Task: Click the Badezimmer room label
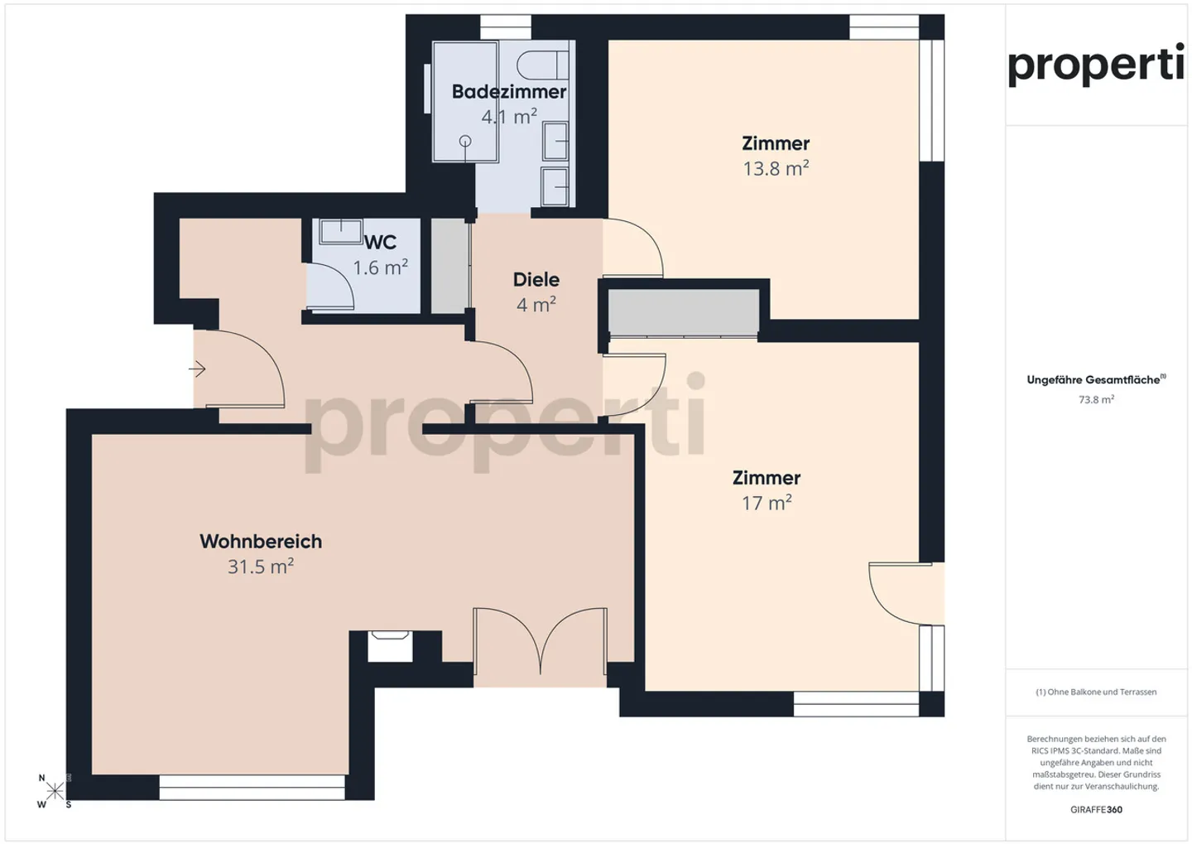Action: [x=508, y=91]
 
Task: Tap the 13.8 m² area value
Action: [x=775, y=169]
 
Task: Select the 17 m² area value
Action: [x=766, y=503]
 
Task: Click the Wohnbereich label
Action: [x=261, y=541]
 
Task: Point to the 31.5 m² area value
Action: [x=261, y=567]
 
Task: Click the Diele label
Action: [x=536, y=279]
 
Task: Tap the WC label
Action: [x=380, y=242]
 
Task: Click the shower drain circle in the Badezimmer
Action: [x=465, y=141]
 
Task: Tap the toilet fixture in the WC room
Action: [x=340, y=231]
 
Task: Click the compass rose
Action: [x=55, y=791]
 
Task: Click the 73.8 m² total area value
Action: [x=1095, y=400]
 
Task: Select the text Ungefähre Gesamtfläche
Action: [x=1093, y=380]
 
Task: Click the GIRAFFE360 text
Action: [x=1096, y=809]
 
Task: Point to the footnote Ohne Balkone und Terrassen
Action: [x=1096, y=692]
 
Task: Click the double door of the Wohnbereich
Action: [x=540, y=643]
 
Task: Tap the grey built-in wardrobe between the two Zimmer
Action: [x=683, y=312]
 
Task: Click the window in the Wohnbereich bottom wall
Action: [x=252, y=787]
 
